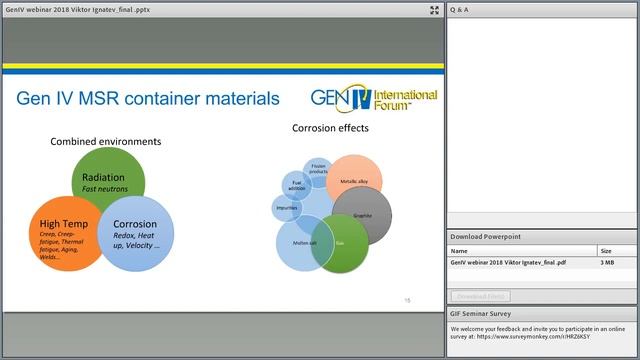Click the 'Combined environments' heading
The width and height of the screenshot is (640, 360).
click(106, 142)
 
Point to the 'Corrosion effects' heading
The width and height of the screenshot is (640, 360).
click(330, 128)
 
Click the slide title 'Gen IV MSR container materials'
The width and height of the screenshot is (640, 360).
click(149, 98)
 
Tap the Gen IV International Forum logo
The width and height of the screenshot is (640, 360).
click(372, 99)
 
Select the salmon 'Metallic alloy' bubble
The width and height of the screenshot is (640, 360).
click(354, 180)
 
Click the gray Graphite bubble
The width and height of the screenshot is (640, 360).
click(362, 215)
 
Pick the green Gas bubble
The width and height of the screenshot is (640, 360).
click(340, 244)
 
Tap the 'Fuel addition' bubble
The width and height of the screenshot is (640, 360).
click(296, 184)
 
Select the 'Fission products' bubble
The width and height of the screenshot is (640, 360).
click(318, 169)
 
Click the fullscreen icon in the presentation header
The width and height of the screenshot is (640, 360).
click(434, 10)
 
